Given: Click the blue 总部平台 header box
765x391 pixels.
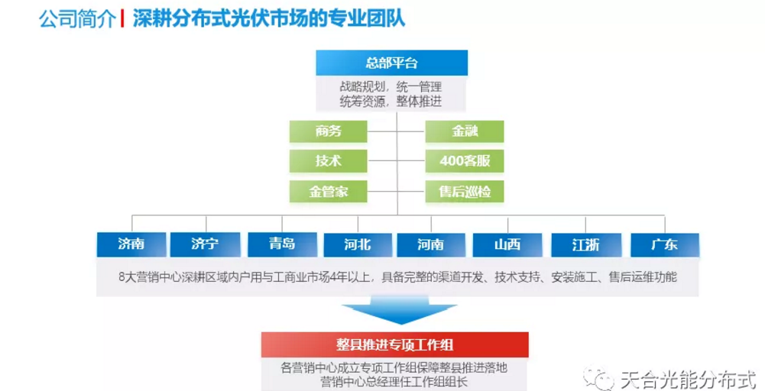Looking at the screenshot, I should (x=391, y=63).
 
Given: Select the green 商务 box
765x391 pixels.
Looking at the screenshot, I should (x=328, y=131).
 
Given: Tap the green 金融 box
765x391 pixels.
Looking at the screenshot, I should (x=465, y=131).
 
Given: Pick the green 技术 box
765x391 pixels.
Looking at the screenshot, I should (x=328, y=161).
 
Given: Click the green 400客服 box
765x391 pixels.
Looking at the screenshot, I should (x=465, y=161).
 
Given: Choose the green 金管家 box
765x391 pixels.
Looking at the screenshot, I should (x=328, y=192).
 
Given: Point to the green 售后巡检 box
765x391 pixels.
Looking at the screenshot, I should (x=465, y=192).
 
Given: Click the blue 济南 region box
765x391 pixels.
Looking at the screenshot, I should (x=131, y=244).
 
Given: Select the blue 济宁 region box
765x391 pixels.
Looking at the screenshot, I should (x=205, y=244).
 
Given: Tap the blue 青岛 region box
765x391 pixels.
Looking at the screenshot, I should (x=282, y=244).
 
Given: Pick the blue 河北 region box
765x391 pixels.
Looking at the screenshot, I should (x=357, y=244).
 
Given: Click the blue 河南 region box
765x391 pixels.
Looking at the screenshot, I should (x=430, y=244).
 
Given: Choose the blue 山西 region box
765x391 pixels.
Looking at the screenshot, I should (x=507, y=244).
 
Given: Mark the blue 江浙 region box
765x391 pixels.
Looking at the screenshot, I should (x=585, y=244).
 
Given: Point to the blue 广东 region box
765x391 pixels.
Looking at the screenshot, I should (x=664, y=244).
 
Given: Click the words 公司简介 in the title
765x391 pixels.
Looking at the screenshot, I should (x=77, y=18).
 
